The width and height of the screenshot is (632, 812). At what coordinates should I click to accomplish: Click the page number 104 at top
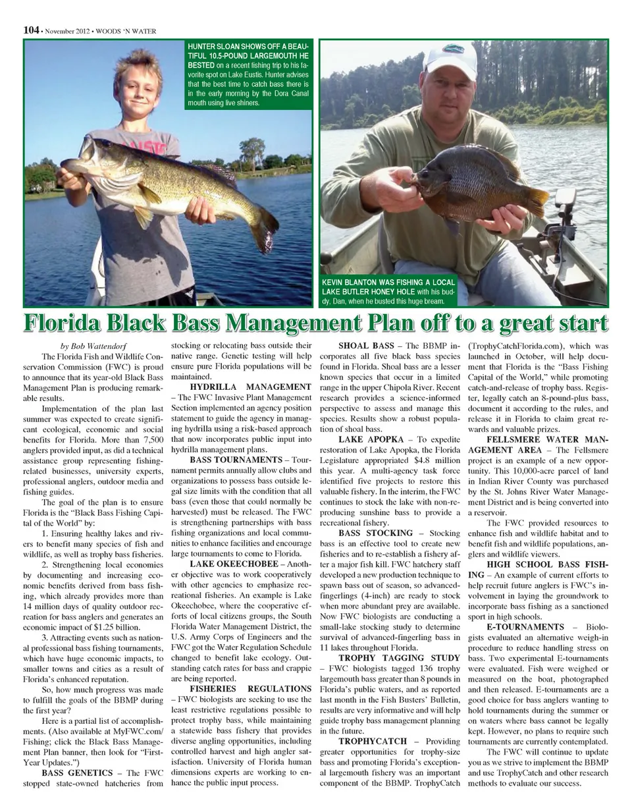click(31, 30)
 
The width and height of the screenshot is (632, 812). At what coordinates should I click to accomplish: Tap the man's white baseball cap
click(450, 60)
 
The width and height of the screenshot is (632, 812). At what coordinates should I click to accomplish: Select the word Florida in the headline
click(63, 324)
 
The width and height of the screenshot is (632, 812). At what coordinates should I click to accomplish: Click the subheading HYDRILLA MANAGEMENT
click(250, 387)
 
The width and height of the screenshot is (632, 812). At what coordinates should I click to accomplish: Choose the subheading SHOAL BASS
click(366, 346)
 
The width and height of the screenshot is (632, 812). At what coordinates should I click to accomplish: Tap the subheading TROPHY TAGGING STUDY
click(399, 658)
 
